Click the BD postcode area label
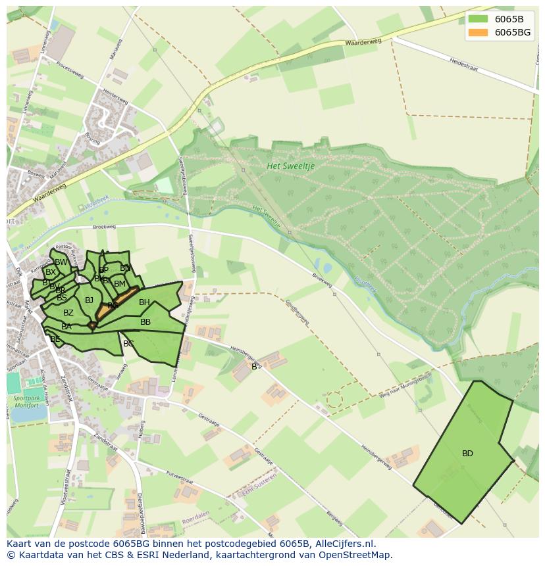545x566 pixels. click(x=467, y=454)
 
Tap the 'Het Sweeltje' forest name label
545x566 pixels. click(x=291, y=166)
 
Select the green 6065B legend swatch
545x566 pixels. click(x=479, y=18)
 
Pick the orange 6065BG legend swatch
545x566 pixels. click(x=479, y=32)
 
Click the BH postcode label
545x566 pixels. click(x=144, y=302)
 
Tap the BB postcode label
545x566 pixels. click(x=145, y=322)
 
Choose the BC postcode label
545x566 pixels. click(x=128, y=343)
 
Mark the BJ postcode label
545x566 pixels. click(x=90, y=300)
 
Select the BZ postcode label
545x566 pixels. click(x=68, y=313)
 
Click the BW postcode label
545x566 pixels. click(x=61, y=262)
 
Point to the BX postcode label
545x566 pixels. click(x=51, y=272)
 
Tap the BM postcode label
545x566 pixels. click(x=119, y=284)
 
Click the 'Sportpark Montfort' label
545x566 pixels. click(x=26, y=402)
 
